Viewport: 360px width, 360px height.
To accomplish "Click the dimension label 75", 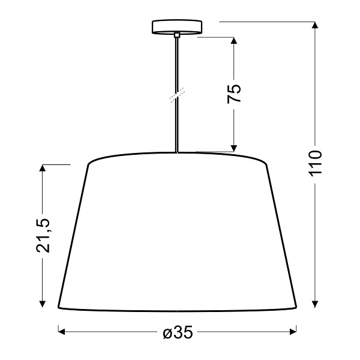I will [x=234, y=94].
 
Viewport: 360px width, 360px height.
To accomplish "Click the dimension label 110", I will [x=315, y=163].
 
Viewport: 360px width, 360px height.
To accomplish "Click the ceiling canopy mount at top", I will [x=177, y=27].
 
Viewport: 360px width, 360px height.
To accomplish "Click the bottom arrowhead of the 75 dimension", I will [x=234, y=147].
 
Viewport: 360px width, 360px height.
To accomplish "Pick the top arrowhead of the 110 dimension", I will [x=315, y=25].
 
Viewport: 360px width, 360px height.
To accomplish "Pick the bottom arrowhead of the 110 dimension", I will [x=315, y=304].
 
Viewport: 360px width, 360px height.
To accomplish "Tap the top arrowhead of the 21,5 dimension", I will [x=43, y=168].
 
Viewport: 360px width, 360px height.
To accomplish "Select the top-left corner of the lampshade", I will [x=89, y=164].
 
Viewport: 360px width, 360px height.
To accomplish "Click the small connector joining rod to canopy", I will [x=177, y=37].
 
